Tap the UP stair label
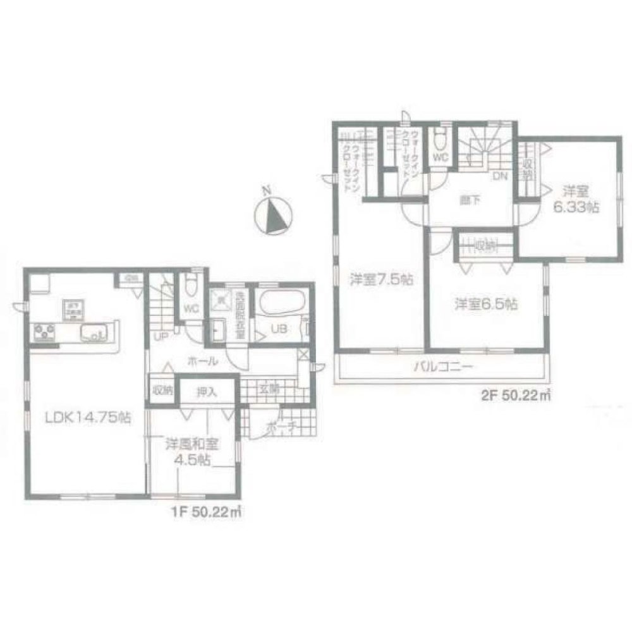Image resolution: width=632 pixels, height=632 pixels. (x=162, y=336)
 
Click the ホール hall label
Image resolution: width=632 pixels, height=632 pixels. (x=202, y=362)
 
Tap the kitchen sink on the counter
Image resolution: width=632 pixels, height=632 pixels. (x=95, y=331)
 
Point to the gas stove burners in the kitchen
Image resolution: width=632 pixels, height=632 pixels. (x=44, y=330)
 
